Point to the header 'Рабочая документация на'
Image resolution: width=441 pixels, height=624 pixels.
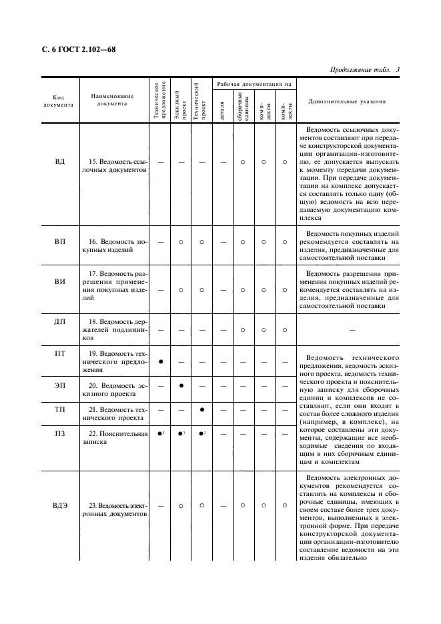click(x=252, y=85)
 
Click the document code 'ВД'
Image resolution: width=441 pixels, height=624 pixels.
click(x=59, y=162)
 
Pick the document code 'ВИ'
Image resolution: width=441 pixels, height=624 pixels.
click(x=59, y=282)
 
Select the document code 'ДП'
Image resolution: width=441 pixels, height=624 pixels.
click(x=59, y=322)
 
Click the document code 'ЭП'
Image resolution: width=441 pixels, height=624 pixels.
click(x=59, y=385)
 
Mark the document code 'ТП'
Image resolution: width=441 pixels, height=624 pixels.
click(x=59, y=409)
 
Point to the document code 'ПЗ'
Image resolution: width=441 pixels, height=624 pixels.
click(x=59, y=434)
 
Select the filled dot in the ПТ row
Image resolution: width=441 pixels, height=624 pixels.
click(x=161, y=361)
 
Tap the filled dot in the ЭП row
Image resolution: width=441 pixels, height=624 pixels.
click(x=181, y=386)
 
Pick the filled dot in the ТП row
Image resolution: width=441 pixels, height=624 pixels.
click(x=201, y=409)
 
